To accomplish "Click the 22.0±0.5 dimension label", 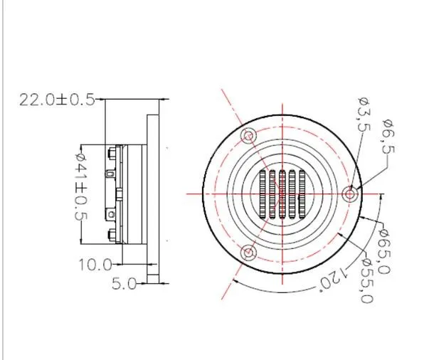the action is [57, 100].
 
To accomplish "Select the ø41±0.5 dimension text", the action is [81, 187].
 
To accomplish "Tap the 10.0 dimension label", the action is [95, 265].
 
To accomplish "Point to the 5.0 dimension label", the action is [124, 284].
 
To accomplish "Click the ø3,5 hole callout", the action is [363, 115].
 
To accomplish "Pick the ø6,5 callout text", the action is [388, 137].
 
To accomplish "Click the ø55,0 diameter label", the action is [368, 281].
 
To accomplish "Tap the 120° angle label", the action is [334, 280].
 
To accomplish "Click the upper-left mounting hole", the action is [248, 135].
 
